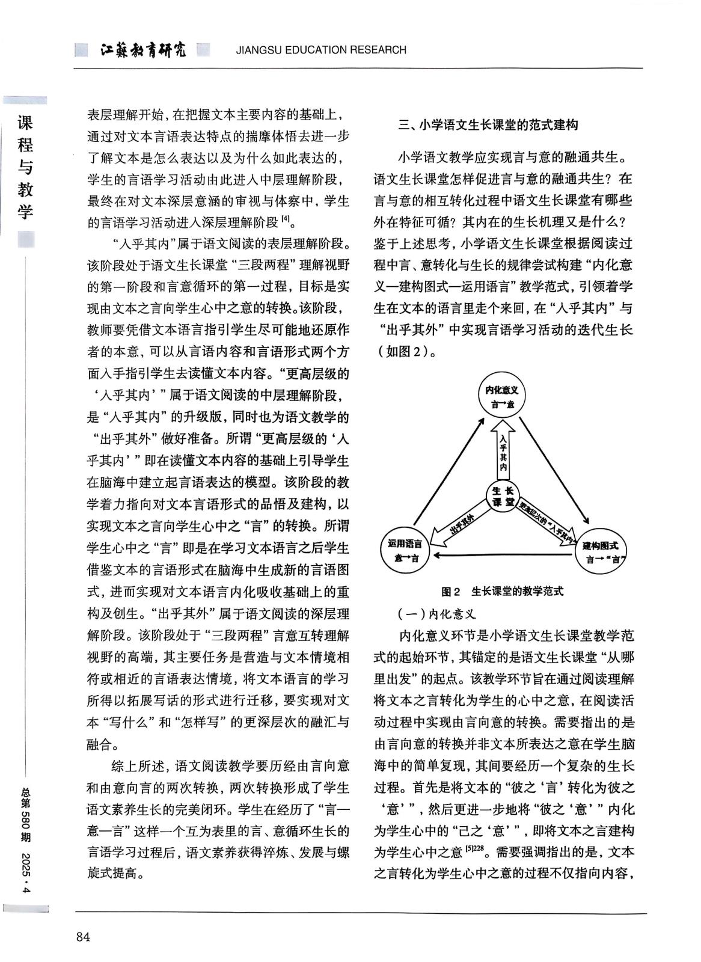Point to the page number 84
(83, 937)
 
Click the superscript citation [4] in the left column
(286, 220)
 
